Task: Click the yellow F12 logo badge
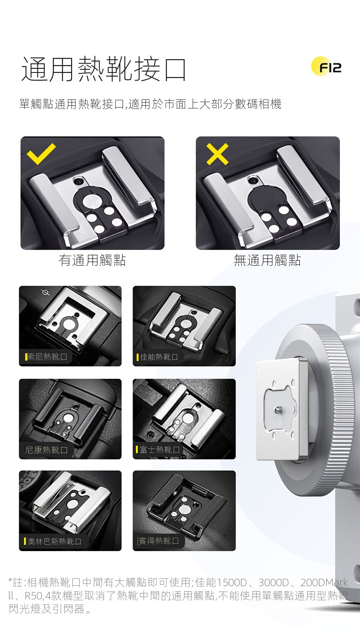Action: click(x=326, y=66)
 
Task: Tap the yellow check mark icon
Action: click(x=41, y=154)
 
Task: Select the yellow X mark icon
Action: click(x=217, y=154)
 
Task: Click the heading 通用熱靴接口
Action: click(x=104, y=69)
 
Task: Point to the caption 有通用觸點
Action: click(x=92, y=260)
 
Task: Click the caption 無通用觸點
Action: click(x=267, y=260)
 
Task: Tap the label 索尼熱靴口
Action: click(x=47, y=357)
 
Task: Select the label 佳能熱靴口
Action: click(x=159, y=357)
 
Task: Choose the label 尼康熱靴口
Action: click(x=46, y=450)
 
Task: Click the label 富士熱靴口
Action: click(x=160, y=449)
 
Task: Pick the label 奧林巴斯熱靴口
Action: click(x=55, y=541)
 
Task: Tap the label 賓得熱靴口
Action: click(x=159, y=541)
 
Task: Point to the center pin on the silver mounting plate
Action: click(x=278, y=410)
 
